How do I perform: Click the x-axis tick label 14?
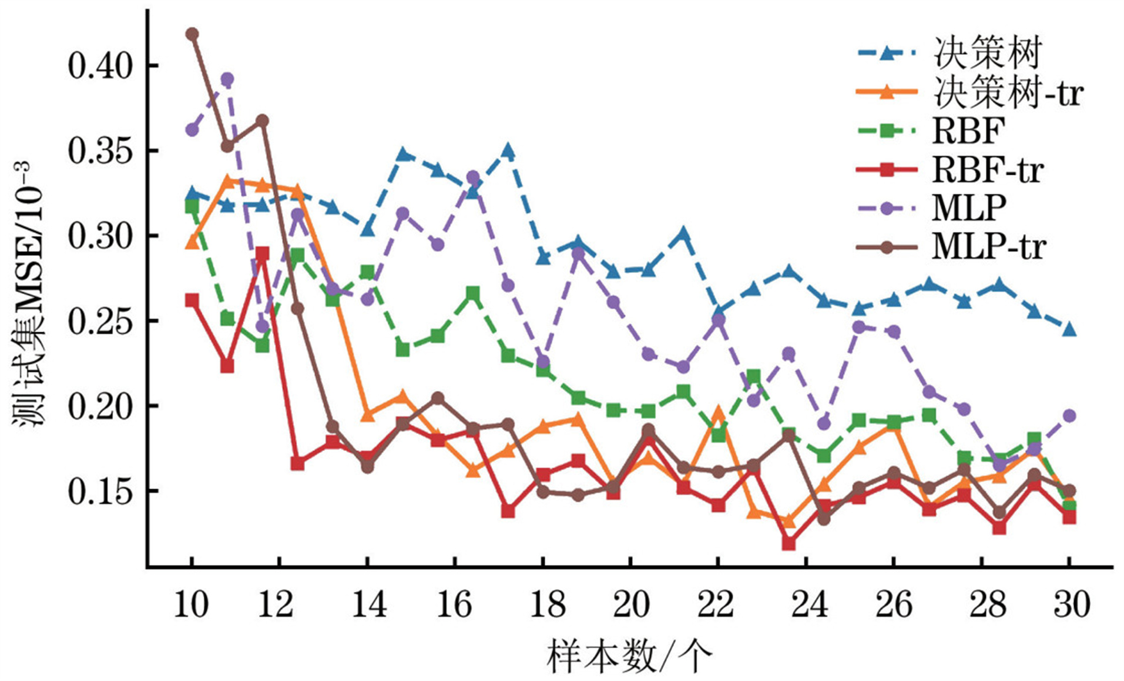368,605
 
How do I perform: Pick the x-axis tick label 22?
717,605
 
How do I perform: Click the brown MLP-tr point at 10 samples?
192,34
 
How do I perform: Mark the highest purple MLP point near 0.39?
227,79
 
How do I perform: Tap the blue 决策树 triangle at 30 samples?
1069,329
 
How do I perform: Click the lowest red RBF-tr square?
789,543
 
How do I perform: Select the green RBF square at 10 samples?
192,206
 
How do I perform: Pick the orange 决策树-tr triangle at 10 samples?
192,241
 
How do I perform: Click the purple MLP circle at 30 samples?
1069,416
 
